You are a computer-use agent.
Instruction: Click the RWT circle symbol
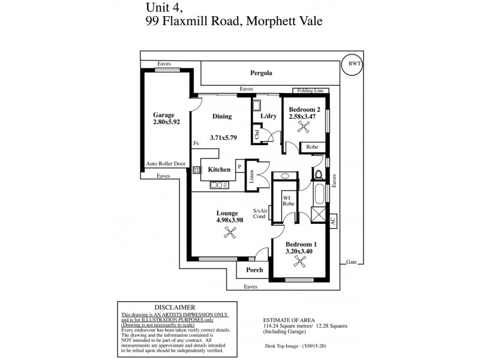pos(351,65)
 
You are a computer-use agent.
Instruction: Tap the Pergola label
pos(261,73)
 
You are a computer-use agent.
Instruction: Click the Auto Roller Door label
pos(166,163)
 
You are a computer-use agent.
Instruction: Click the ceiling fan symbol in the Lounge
pos(228,235)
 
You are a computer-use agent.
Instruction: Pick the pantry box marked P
pos(239,168)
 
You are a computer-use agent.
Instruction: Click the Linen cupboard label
pos(252,176)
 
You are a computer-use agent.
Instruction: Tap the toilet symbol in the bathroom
pos(319,175)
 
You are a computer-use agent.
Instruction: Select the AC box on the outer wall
pos(332,220)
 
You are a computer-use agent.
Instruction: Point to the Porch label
pos(254,270)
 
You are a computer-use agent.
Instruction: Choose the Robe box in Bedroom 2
pos(312,146)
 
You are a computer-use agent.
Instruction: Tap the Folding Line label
pos(310,91)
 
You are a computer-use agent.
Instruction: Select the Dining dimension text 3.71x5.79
pos(223,137)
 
